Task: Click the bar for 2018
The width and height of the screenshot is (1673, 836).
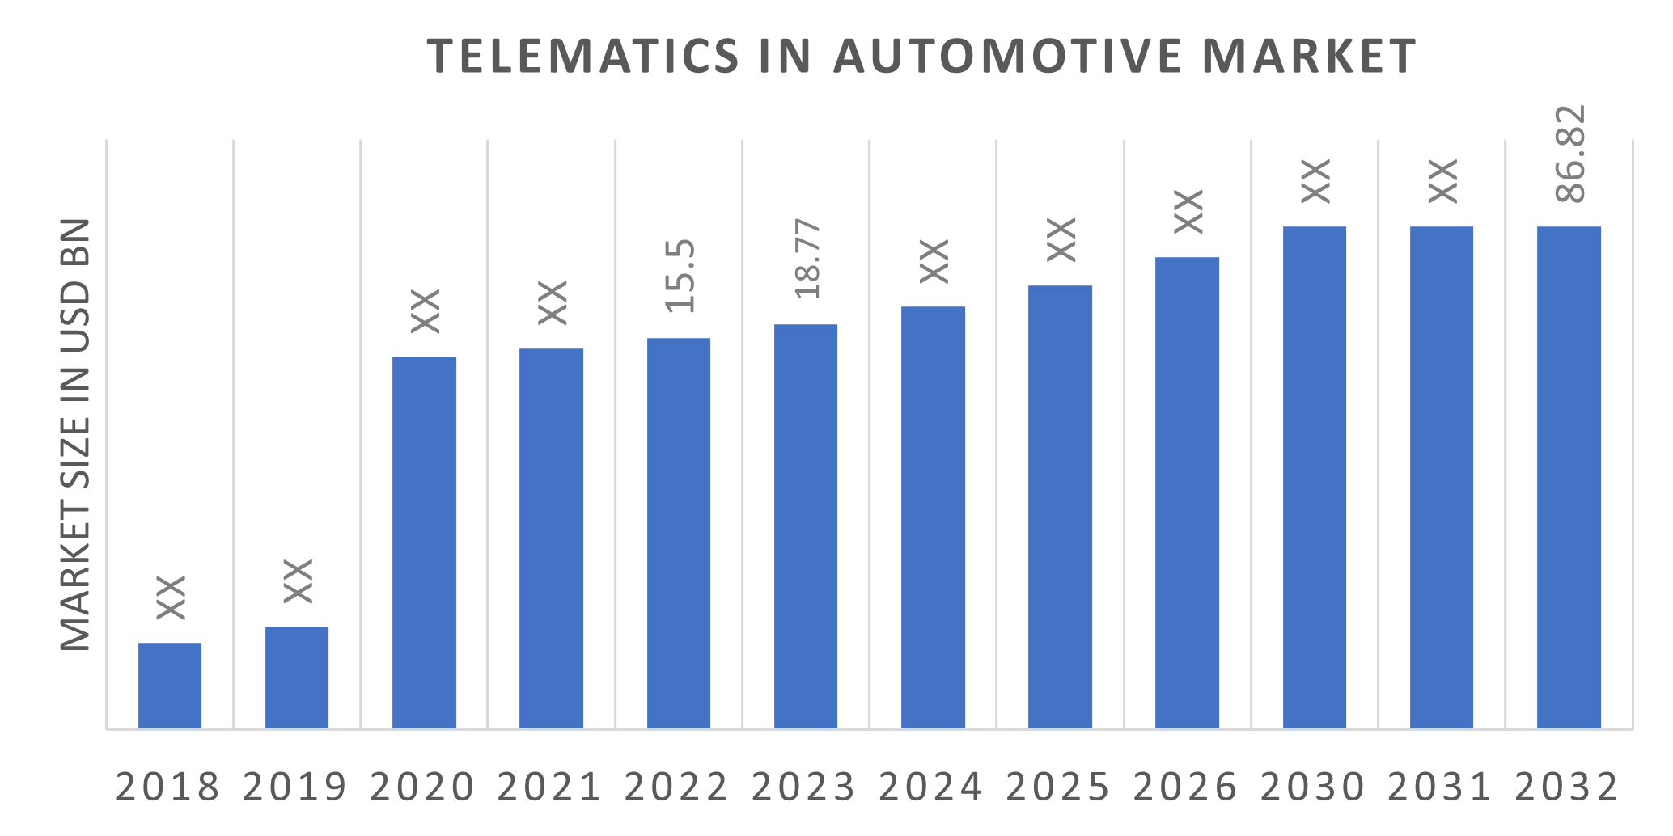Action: (x=170, y=686)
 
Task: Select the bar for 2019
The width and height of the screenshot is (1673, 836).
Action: (x=297, y=678)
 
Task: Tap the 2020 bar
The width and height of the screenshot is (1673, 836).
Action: (x=424, y=542)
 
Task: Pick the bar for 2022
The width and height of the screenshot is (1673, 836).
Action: (x=679, y=534)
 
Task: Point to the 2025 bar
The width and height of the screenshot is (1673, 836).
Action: (x=1060, y=507)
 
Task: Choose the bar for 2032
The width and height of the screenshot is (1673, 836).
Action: (x=1569, y=477)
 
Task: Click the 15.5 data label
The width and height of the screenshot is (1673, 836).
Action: (x=680, y=276)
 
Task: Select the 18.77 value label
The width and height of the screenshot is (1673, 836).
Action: (x=807, y=259)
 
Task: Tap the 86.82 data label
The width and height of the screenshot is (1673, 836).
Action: (x=1570, y=154)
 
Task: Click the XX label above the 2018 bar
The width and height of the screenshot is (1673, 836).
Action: (x=171, y=597)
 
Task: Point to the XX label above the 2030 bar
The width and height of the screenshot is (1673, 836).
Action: (x=1315, y=181)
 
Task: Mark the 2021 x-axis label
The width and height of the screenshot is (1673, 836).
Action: (x=549, y=787)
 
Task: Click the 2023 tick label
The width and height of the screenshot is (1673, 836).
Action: (x=803, y=787)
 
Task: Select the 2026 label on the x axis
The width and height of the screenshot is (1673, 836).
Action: (x=1185, y=787)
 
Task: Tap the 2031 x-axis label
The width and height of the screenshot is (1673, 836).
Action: (x=1439, y=787)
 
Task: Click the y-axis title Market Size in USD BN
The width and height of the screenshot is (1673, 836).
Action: (x=75, y=434)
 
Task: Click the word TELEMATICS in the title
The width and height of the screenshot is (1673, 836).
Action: (x=582, y=56)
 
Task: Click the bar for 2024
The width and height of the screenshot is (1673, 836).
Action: (x=933, y=517)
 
